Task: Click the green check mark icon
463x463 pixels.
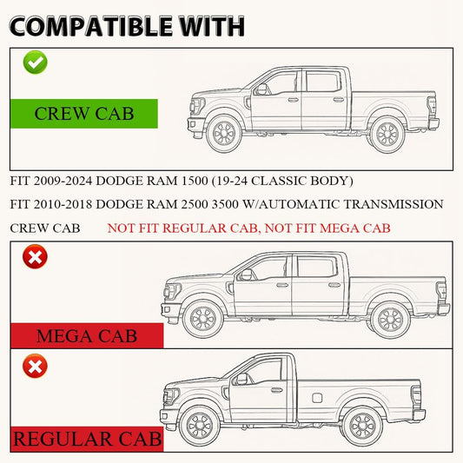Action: tap(35, 62)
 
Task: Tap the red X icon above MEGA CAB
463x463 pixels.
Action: tap(35, 256)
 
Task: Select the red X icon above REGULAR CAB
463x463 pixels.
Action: tap(35, 367)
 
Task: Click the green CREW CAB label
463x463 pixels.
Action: tap(84, 114)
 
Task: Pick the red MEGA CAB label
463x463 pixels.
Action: tap(87, 335)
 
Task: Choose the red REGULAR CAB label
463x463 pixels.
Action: tap(87, 439)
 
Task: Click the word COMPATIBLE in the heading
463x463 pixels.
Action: tap(90, 26)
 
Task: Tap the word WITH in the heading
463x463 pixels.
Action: tap(212, 26)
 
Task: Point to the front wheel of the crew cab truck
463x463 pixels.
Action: tap(224, 134)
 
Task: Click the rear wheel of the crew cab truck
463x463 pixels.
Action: tap(387, 135)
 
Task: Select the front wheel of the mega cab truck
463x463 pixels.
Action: tap(203, 319)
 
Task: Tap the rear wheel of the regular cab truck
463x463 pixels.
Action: tap(363, 427)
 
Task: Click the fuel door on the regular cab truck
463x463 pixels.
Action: tap(317, 398)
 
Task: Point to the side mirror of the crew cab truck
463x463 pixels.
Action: tap(261, 89)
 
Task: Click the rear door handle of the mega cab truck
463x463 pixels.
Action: tap(334, 285)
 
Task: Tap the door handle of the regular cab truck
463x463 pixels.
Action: tap(277, 390)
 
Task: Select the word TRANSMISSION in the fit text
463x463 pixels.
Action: tap(394, 204)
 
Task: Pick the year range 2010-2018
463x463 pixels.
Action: tap(63, 204)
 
